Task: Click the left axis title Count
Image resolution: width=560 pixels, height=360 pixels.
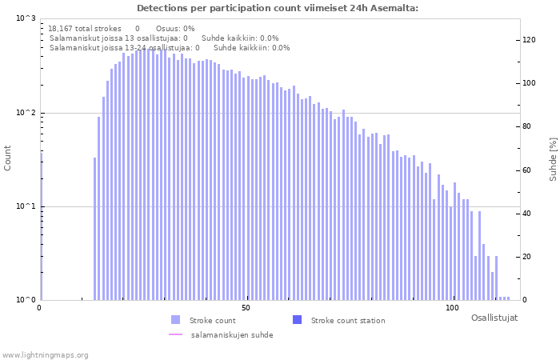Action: click(x=8, y=158)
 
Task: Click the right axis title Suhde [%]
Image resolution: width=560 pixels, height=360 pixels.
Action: click(x=553, y=158)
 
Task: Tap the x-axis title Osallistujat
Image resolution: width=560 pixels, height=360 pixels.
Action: click(x=494, y=318)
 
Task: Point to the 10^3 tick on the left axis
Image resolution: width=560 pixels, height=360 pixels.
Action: click(x=26, y=18)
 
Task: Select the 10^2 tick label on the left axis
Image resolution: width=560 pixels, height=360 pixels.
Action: click(x=26, y=113)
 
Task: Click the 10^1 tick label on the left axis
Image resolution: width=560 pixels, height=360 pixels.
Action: click(x=26, y=206)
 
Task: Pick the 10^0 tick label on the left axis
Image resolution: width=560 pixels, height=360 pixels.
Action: click(x=26, y=300)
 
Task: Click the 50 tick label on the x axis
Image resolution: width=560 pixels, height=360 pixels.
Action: click(x=246, y=308)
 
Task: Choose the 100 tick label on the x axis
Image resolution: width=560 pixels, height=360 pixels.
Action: click(x=452, y=308)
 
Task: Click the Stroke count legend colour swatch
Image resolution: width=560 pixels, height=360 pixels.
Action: click(x=175, y=320)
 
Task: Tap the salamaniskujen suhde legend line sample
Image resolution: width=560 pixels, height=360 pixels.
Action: click(x=175, y=334)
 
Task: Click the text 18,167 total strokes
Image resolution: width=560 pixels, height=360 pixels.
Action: click(x=84, y=28)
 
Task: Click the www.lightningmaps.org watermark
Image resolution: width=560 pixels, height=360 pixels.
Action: click(x=45, y=354)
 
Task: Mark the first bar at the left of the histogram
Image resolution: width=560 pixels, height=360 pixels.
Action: click(x=42, y=232)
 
